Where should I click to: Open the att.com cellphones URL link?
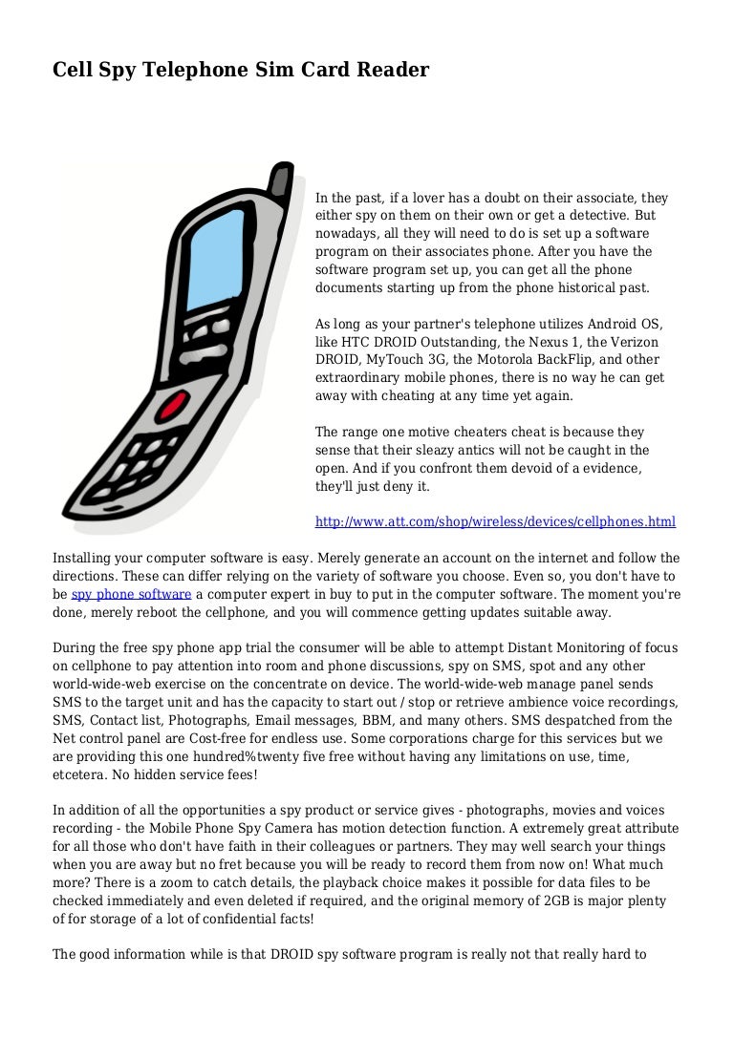pos(495,521)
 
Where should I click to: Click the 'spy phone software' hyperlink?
pos(131,594)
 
